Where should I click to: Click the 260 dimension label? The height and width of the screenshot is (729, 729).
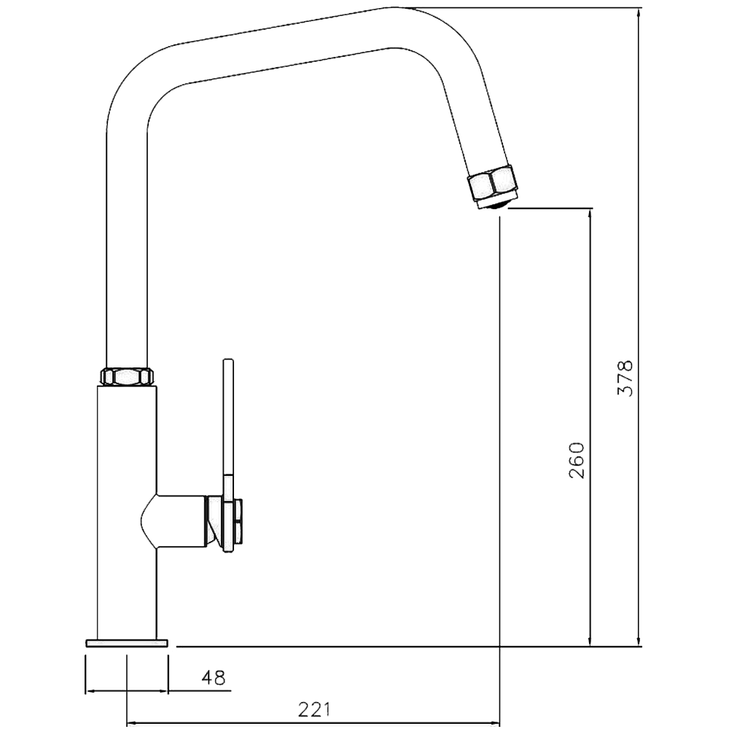point(577,459)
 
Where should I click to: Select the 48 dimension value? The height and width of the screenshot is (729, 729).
point(213,677)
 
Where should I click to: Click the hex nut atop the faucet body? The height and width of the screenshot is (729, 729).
point(127,376)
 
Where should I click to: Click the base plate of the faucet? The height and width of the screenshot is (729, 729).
point(127,642)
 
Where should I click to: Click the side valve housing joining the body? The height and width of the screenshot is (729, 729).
point(179,522)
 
